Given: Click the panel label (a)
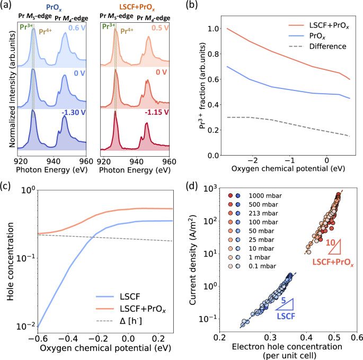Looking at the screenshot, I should [7, 6].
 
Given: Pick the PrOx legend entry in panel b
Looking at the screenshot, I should [316, 35].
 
